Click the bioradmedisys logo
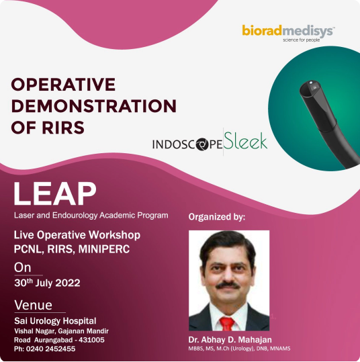click(289, 34)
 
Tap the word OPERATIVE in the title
click(63, 85)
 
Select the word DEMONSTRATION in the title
click(94, 106)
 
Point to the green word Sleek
click(245, 141)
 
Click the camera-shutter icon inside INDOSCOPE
click(202, 144)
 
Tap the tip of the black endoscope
click(310, 85)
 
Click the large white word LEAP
click(55, 193)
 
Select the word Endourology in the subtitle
click(75, 216)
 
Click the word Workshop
click(115, 235)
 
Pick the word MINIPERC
click(104, 249)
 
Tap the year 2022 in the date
click(68, 283)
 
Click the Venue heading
click(34, 305)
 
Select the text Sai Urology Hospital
click(55, 321)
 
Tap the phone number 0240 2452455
click(50, 349)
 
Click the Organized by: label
click(216, 217)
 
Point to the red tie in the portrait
click(227, 324)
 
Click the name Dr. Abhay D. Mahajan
click(230, 340)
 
